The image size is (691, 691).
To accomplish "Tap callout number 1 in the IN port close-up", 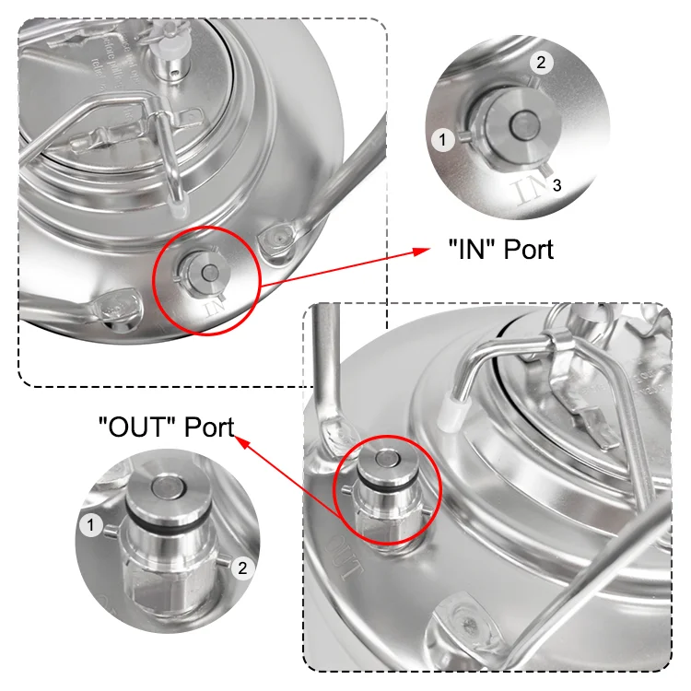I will tap(444, 139).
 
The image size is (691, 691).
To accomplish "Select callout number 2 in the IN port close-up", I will tap(541, 63).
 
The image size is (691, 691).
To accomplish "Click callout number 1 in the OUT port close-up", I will tap(90, 525).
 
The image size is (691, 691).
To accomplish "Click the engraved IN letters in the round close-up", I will tap(528, 189).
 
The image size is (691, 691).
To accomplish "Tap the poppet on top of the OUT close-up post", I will tap(169, 487).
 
